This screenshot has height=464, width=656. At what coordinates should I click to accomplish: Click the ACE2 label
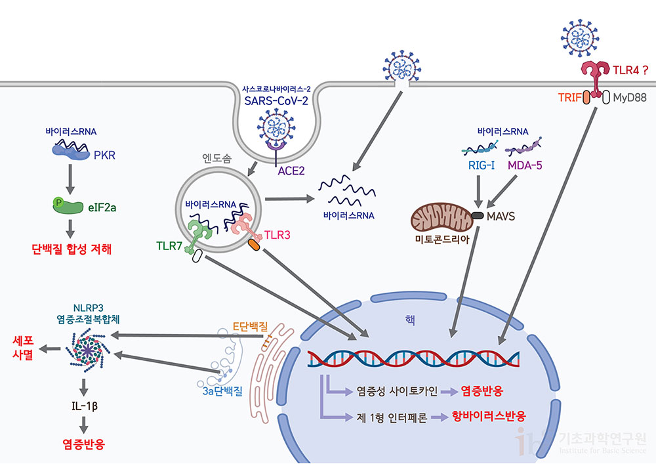(291, 172)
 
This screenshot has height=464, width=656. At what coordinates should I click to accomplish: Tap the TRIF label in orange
(566, 96)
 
